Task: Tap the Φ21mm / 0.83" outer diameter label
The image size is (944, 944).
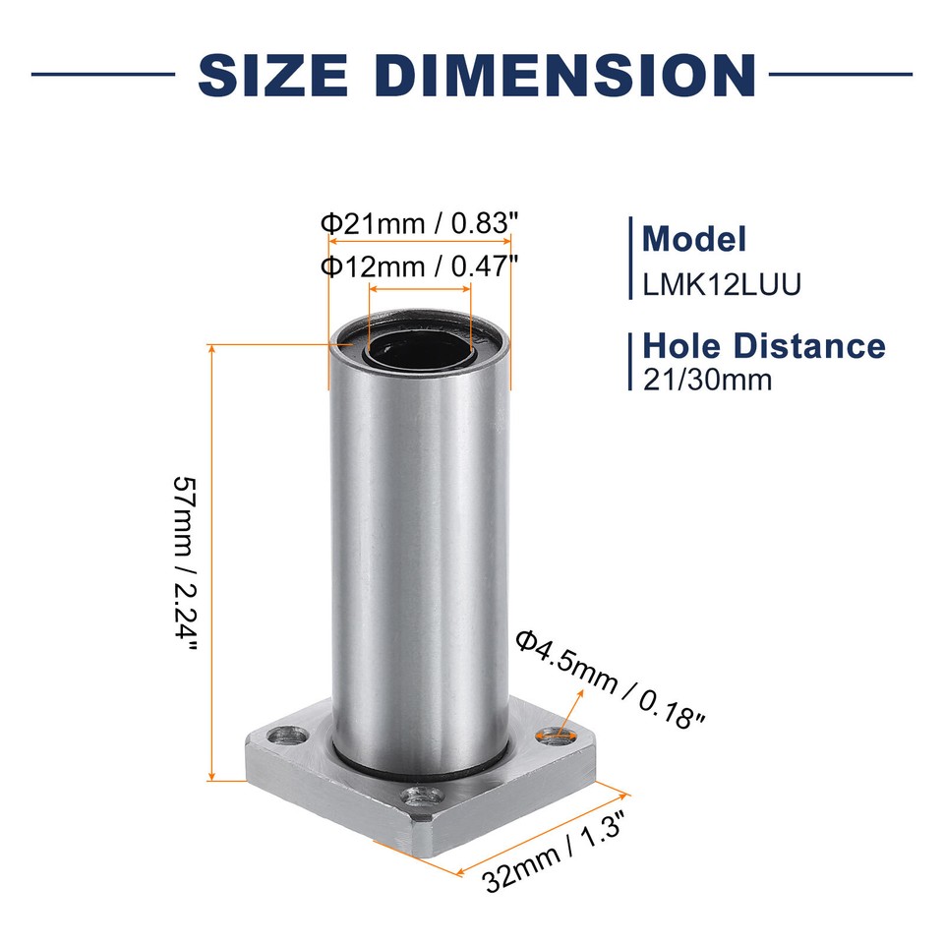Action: click(419, 223)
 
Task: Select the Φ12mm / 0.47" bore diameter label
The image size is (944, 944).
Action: click(419, 265)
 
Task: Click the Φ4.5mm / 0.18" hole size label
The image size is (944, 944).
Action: click(611, 678)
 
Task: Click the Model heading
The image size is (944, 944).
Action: click(693, 239)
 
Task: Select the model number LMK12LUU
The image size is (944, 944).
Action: click(722, 284)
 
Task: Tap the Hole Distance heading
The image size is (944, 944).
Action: click(763, 345)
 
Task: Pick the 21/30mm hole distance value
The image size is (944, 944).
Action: click(707, 379)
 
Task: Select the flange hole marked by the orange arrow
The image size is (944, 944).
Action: click(555, 734)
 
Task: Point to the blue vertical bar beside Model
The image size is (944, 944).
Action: click(630, 258)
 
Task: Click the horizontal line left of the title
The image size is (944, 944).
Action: click(102, 74)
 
